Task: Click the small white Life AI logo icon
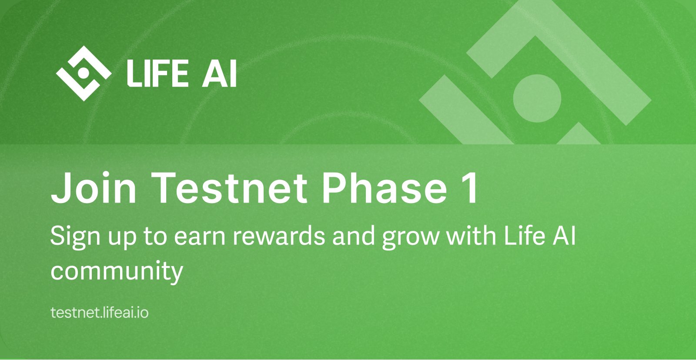[83, 73]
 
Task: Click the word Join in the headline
[94, 188]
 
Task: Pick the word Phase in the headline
[385, 188]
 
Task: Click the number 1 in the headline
[470, 188]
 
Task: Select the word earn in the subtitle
[200, 237]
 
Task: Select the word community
[117, 271]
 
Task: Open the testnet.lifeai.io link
[100, 313]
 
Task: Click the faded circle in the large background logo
[537, 98]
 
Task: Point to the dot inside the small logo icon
[85, 72]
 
